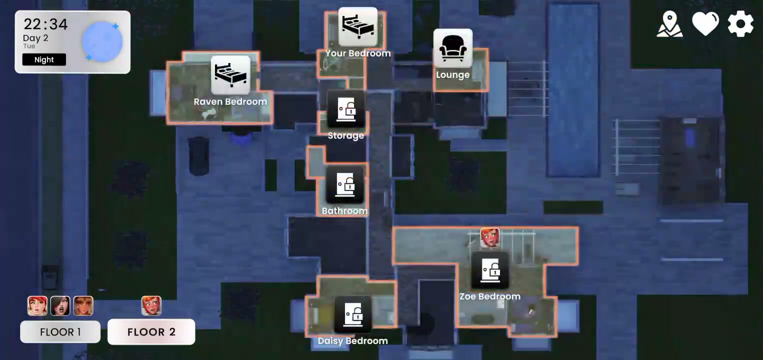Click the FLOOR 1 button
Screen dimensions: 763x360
pyautogui.click(x=60, y=331)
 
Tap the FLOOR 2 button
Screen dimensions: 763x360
pyautogui.click(x=151, y=331)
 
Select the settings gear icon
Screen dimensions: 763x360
pyautogui.click(x=740, y=24)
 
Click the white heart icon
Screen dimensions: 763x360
pyautogui.click(x=705, y=24)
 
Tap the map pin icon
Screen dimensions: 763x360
pyautogui.click(x=669, y=24)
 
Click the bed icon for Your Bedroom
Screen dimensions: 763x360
pyautogui.click(x=358, y=27)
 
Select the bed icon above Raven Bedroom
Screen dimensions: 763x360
pyautogui.click(x=230, y=75)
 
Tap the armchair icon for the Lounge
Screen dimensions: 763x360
pyautogui.click(x=452, y=48)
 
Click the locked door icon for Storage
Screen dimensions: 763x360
pyautogui.click(x=346, y=109)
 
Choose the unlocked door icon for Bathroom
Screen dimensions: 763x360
pyautogui.click(x=345, y=185)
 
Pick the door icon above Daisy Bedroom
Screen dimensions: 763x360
pyautogui.click(x=353, y=314)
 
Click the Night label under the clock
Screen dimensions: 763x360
pyautogui.click(x=44, y=59)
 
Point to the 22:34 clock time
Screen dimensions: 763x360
pyautogui.click(x=45, y=24)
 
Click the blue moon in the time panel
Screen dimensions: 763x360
pyautogui.click(x=102, y=42)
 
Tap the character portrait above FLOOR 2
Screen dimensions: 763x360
pyautogui.click(x=151, y=306)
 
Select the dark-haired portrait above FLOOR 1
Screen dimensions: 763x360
pyautogui.click(x=60, y=306)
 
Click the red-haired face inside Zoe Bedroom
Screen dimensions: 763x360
pyautogui.click(x=490, y=237)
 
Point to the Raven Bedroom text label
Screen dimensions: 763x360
pyautogui.click(x=230, y=101)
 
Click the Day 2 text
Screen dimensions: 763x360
pyautogui.click(x=35, y=38)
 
